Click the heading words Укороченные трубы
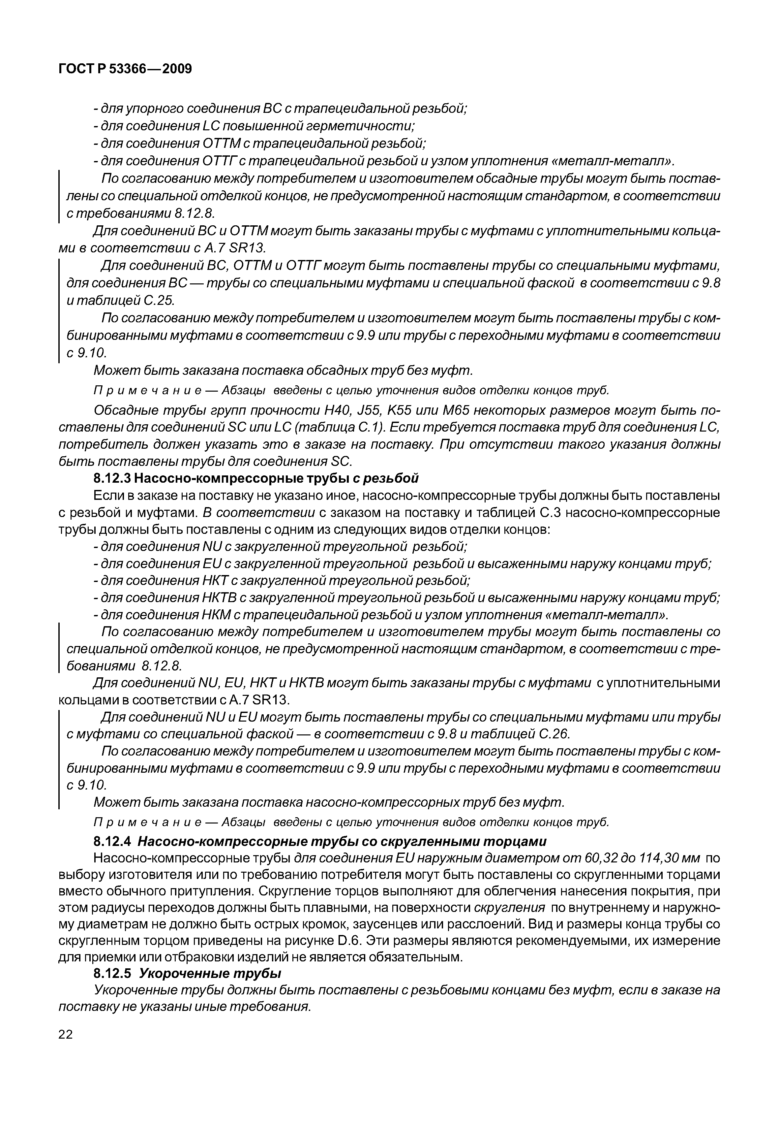point(210,974)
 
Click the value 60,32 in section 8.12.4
point(503,858)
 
